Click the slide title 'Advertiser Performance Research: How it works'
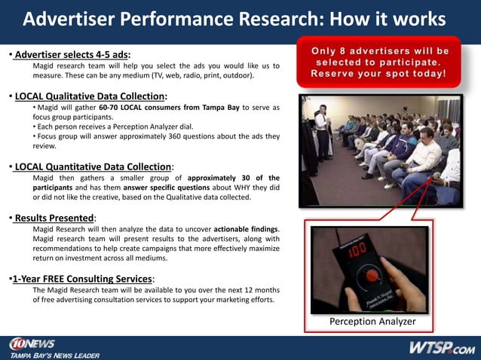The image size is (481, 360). point(234,20)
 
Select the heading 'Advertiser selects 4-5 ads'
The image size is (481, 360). point(72,54)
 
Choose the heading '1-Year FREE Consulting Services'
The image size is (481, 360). point(84,278)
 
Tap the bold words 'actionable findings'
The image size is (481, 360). point(246,229)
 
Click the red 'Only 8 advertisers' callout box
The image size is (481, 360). point(380,63)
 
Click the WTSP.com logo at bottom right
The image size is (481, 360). point(441,347)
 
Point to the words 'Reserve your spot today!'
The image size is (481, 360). point(380,75)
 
